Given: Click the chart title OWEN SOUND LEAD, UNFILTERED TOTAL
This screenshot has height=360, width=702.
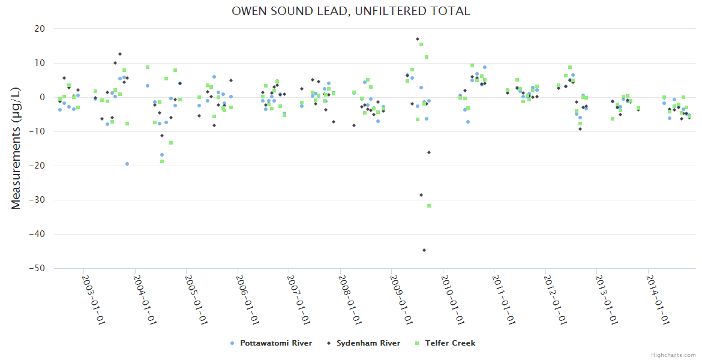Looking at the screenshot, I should tap(351, 11).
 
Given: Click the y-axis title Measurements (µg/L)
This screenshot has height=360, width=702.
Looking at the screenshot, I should tap(16, 148).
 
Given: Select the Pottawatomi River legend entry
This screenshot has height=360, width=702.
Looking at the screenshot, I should tap(275, 343).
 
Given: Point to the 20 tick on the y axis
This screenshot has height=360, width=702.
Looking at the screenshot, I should tap(40, 29).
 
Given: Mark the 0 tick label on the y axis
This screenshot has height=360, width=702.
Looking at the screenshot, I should tap(43, 97).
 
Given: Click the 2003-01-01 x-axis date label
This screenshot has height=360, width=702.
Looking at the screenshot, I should tap(94, 300).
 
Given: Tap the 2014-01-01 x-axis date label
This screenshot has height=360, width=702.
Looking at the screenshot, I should tap(658, 300).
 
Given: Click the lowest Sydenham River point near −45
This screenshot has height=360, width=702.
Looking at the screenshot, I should tap(424, 250).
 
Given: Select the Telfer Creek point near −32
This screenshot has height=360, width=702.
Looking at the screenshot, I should tap(429, 206).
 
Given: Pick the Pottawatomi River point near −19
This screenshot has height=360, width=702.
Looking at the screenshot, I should tap(127, 164).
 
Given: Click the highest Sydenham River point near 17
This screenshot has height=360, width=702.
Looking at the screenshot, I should tap(418, 39).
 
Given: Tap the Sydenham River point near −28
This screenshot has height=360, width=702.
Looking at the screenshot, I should tap(421, 195).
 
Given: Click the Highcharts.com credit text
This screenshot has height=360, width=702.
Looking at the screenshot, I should tap(673, 355).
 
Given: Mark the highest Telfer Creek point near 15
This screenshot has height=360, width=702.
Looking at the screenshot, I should tap(421, 44).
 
